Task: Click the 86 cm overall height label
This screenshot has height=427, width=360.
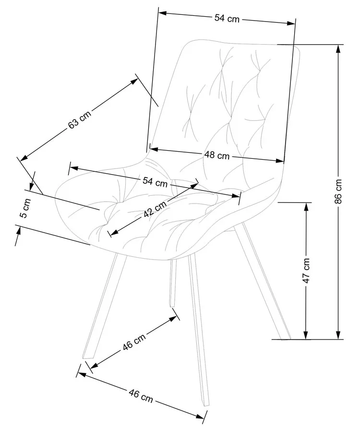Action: [x=339, y=191]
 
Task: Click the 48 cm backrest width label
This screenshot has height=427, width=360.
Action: [x=216, y=155]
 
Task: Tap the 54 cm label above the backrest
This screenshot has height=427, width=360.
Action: [x=227, y=18]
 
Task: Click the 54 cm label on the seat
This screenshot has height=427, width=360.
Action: [x=155, y=182]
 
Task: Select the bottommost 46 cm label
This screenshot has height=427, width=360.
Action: [x=141, y=395]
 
